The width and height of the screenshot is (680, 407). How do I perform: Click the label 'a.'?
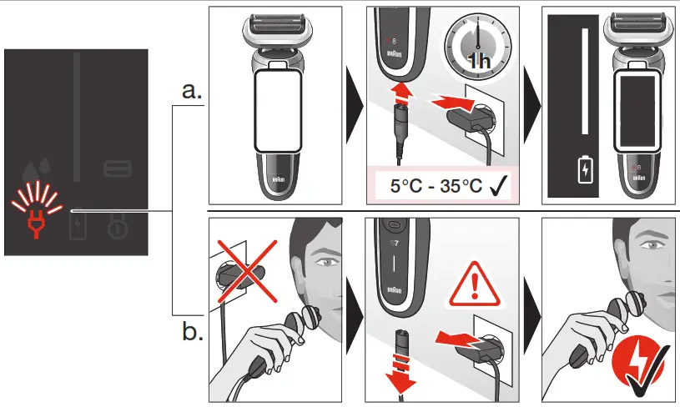coord(192,91)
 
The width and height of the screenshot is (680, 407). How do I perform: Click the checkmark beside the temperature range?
coord(501,185)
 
